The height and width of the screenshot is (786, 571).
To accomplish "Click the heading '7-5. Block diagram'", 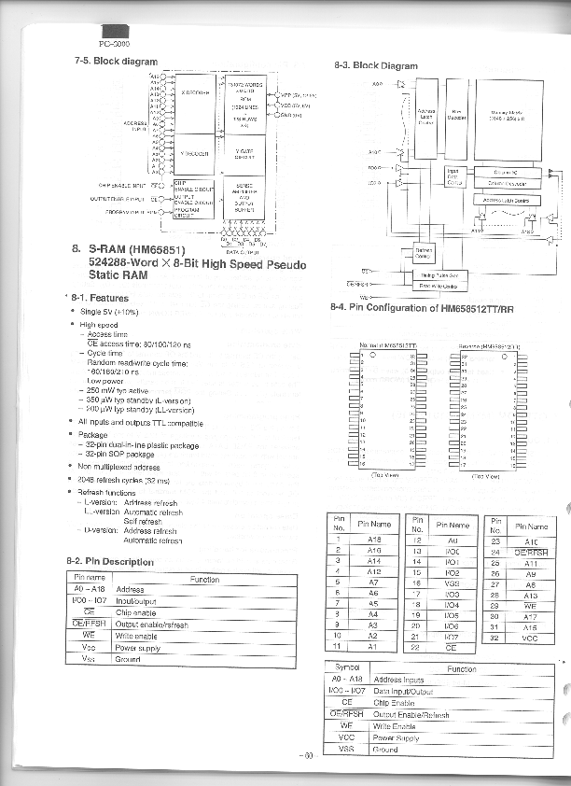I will (x=116, y=61).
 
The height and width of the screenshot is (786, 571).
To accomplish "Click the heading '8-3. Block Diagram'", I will (x=375, y=65).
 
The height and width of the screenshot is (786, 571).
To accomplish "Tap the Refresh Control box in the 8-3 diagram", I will (x=421, y=254).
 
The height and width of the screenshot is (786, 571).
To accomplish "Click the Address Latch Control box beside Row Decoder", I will (x=425, y=117).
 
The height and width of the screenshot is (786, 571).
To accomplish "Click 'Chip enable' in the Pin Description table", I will (x=135, y=612).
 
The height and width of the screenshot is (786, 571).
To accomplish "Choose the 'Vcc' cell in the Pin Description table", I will (x=89, y=647).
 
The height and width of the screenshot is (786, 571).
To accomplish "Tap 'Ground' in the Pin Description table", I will (x=128, y=659).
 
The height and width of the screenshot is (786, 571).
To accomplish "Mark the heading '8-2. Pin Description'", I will (x=110, y=561).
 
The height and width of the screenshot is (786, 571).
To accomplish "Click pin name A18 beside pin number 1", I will (x=375, y=540).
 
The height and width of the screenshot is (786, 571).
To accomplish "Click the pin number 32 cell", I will (x=495, y=638).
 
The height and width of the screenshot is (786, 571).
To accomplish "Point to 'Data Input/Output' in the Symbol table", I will (x=404, y=692).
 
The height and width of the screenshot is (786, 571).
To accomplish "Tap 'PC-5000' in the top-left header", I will (x=114, y=44).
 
